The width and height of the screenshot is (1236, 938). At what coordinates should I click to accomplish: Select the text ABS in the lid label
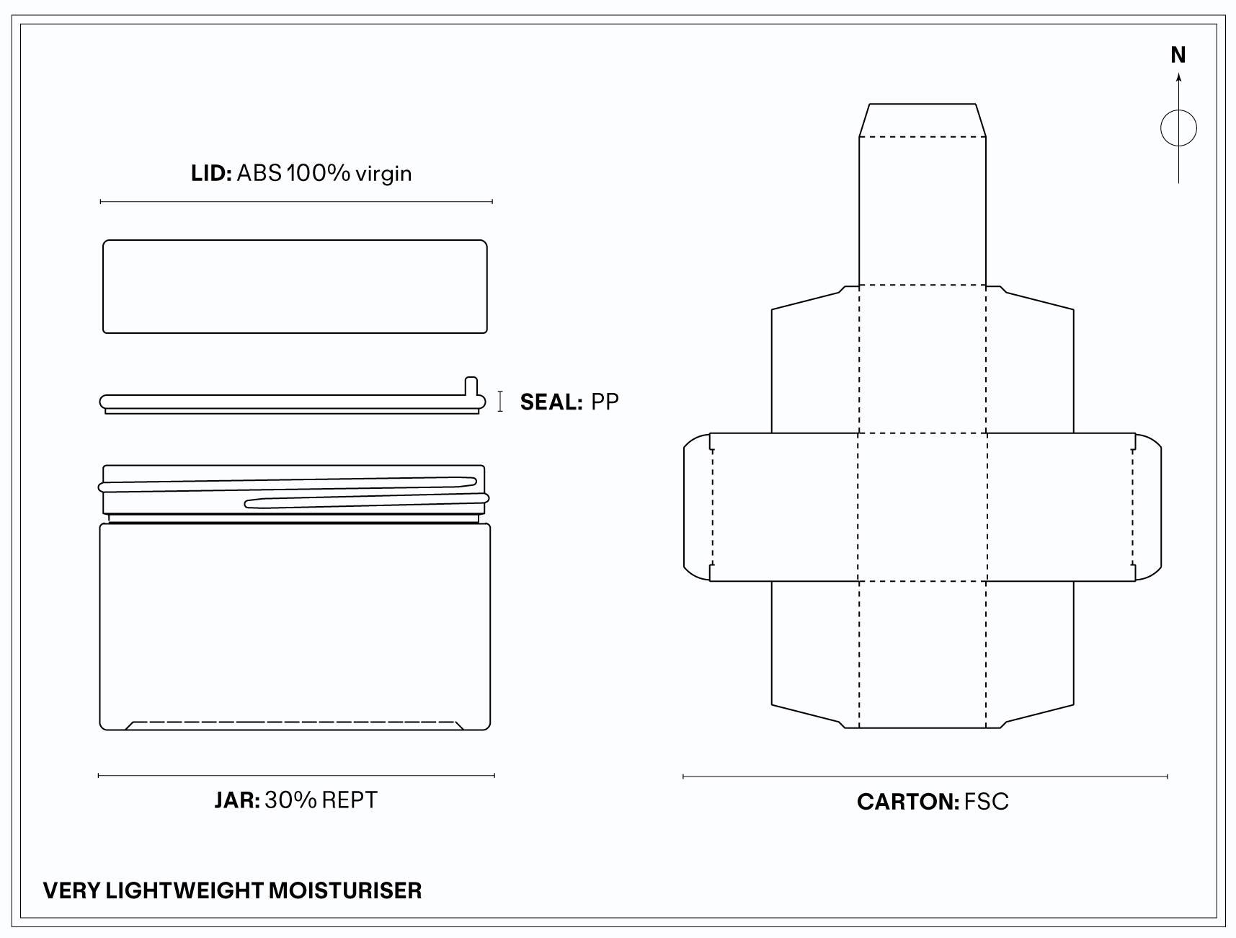coord(259,174)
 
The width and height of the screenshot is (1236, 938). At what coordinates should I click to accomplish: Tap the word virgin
coord(383,174)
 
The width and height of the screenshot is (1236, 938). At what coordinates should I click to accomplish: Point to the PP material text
coord(605,402)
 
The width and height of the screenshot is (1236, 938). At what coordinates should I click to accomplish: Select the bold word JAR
coord(237,800)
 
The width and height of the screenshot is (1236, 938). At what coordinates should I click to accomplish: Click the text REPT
coord(350,800)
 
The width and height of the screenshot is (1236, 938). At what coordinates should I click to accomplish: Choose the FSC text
coord(987,802)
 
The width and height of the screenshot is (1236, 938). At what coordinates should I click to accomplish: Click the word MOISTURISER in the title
coord(345,890)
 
